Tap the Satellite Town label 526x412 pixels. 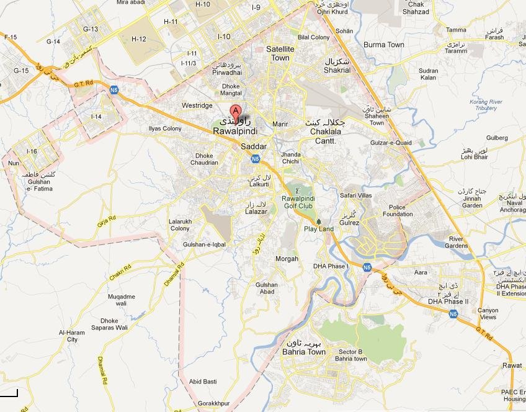[x=278, y=53]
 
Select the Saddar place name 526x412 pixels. [x=253, y=146]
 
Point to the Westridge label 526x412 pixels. [x=197, y=106]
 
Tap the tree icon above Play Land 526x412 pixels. [x=319, y=220]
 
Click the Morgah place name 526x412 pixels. [x=286, y=259]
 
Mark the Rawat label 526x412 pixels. [x=512, y=365]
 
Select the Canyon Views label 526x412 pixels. [x=488, y=313]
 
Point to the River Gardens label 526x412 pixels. [x=457, y=242]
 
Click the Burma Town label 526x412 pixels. [x=383, y=45]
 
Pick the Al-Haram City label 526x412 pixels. [x=72, y=336]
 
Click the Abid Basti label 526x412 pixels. [x=203, y=381]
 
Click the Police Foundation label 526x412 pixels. [x=397, y=211]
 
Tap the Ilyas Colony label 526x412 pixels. [x=165, y=128]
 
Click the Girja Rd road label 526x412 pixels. [x=107, y=222]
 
